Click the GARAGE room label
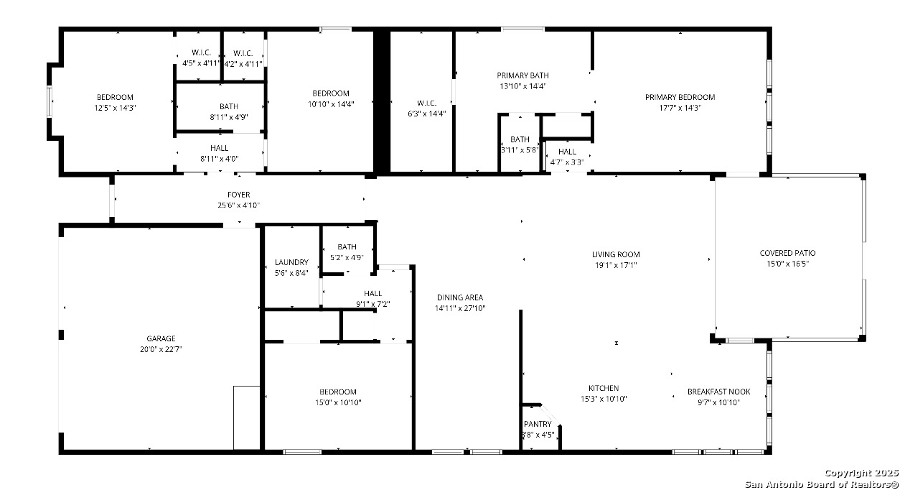click(x=161, y=338)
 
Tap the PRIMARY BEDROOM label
click(x=680, y=98)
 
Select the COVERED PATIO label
click(x=787, y=253)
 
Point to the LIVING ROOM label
click(x=616, y=254)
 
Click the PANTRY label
click(x=538, y=424)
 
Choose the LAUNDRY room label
click(x=291, y=262)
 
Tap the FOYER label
click(x=239, y=195)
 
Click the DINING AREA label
click(x=460, y=297)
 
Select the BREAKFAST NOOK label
click(x=718, y=392)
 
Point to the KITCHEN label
click(x=604, y=388)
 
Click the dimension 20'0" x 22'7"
click(x=161, y=349)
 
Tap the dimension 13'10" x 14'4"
click(x=522, y=86)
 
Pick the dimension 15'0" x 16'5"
click(x=787, y=264)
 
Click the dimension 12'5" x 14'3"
click(x=115, y=108)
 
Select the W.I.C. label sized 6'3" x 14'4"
click(x=427, y=103)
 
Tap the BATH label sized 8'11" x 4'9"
click(x=229, y=106)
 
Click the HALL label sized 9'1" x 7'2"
click(x=373, y=294)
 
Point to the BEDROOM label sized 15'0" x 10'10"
click(x=338, y=392)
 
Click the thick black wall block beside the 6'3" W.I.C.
click(x=381, y=102)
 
